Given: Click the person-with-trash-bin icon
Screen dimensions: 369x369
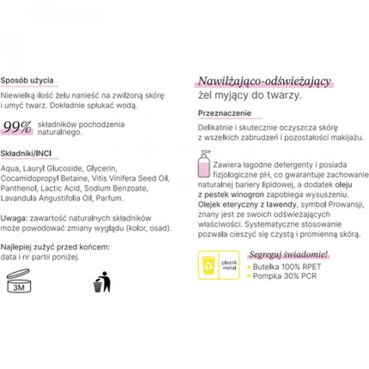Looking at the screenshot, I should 102,281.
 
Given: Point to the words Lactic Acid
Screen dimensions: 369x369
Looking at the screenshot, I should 65,188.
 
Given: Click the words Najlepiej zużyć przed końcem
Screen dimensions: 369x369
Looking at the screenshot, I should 55,248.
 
